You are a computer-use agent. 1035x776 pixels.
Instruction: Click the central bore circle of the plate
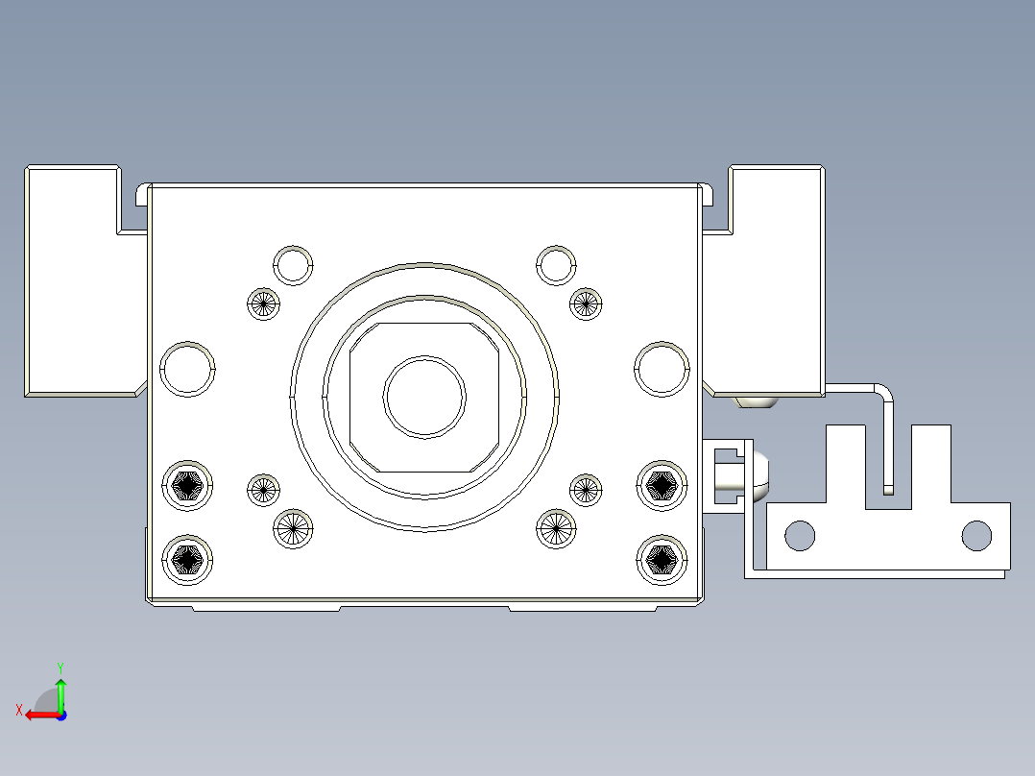[x=424, y=397]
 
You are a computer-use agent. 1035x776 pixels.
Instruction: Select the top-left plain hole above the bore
[x=294, y=265]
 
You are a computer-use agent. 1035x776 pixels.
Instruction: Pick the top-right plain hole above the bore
[x=555, y=265]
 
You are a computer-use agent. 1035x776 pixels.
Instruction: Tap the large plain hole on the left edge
[x=186, y=369]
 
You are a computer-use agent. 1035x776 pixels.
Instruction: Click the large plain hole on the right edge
[x=662, y=369]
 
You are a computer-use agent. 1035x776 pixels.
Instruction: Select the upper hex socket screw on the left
[x=188, y=487]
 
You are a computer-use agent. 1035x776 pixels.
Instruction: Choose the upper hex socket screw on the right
[x=662, y=487]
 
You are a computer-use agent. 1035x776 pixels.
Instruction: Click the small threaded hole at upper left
[x=263, y=304]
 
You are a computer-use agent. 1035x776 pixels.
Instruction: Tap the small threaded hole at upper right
[x=585, y=304]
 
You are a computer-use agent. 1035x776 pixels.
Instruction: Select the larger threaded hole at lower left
[x=293, y=528]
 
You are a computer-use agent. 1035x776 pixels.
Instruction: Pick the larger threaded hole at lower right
[x=555, y=527]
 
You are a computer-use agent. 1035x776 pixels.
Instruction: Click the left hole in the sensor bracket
[x=800, y=536]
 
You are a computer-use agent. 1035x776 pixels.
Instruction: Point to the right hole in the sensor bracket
[x=976, y=536]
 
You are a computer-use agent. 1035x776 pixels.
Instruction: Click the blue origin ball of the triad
[x=60, y=715]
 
